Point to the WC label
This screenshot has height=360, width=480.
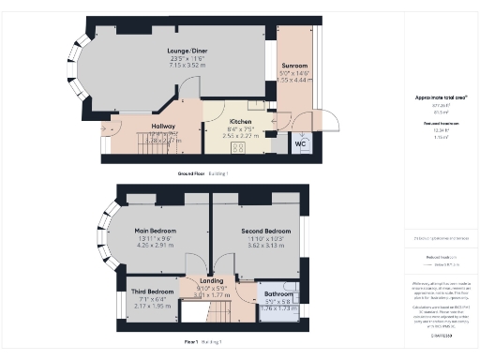coord(300,144)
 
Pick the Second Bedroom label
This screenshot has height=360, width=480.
coord(265,231)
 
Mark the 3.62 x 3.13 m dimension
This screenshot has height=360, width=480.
coord(265,246)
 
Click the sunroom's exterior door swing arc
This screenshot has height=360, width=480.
coord(333,120)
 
